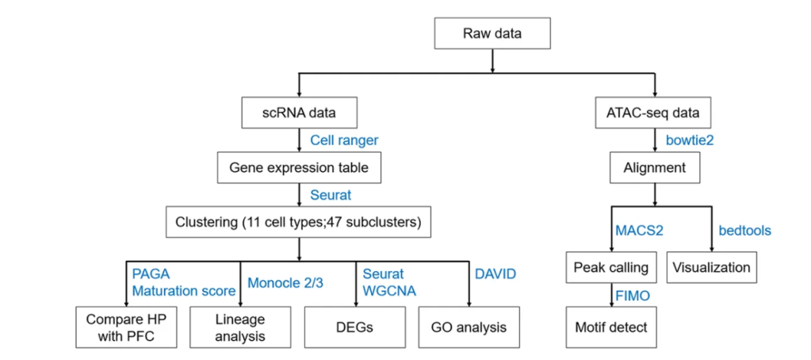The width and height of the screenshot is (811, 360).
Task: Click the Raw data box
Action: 492,34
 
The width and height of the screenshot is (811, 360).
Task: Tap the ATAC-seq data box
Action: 655,113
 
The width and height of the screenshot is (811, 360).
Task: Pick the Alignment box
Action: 654,168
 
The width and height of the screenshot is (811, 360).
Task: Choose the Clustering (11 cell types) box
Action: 298,221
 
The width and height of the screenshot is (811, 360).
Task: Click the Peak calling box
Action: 610,267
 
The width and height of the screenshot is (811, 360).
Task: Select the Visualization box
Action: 711,267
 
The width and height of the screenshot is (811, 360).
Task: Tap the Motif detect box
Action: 610,326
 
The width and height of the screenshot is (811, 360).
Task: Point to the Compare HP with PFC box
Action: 128,326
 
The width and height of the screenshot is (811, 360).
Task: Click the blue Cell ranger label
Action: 343,140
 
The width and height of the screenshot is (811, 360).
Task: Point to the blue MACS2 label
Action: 638,231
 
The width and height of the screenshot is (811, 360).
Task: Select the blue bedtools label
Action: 744,231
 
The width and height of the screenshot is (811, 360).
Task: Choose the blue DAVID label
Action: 495,274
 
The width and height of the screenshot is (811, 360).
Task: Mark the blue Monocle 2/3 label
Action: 285,281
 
